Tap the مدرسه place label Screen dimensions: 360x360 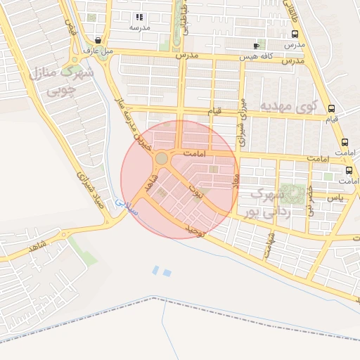(x=139, y=27)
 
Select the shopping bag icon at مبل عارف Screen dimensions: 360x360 (x=98, y=41)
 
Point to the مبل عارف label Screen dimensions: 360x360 (x=97, y=51)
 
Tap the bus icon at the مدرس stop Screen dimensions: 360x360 (x=294, y=34)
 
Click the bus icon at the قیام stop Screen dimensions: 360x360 (x=332, y=109)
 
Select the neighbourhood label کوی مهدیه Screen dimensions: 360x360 (x=290, y=106)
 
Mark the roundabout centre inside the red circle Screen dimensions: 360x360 (x=162, y=159)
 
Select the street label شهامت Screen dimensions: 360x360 (x=268, y=245)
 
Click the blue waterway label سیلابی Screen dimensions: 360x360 (x=127, y=206)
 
